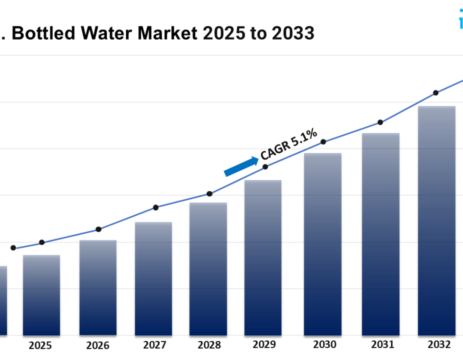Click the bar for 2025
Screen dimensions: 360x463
(41, 295)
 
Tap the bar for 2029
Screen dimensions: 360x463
(263, 258)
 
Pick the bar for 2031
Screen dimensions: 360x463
(381, 234)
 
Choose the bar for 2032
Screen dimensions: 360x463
(437, 221)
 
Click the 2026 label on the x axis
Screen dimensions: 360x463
(98, 346)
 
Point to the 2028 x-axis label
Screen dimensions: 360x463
(209, 345)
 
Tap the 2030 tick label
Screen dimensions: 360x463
(324, 345)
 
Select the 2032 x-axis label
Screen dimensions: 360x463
(438, 344)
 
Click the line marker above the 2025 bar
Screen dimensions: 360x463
(42, 242)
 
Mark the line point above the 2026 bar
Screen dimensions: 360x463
(98, 229)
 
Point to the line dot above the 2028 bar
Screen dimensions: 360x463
(209, 194)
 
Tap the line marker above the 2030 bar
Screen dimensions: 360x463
(323, 142)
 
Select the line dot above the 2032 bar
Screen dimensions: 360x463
(436, 93)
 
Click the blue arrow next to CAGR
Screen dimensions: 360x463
(241, 167)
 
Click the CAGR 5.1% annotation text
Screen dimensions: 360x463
(289, 144)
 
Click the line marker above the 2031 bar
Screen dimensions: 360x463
(380, 122)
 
